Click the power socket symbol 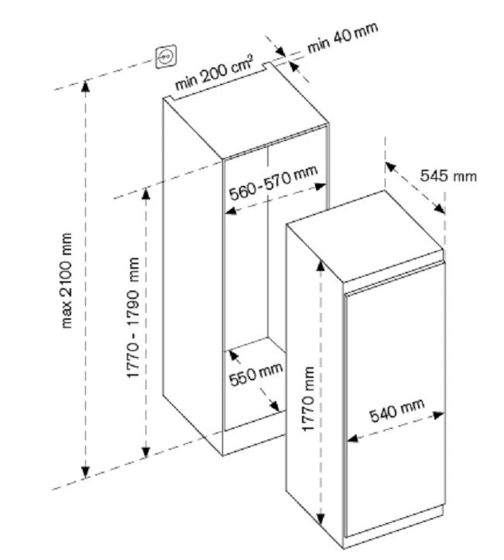click(x=167, y=56)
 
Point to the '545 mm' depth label click(x=449, y=176)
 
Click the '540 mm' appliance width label click(x=397, y=412)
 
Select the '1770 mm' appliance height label click(x=308, y=399)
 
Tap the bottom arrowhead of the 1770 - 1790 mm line click(x=145, y=453)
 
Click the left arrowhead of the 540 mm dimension click(x=351, y=438)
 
